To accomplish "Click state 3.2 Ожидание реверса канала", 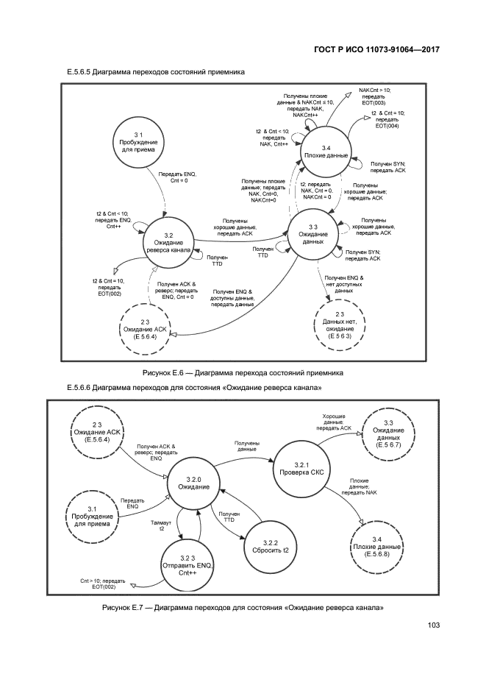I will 168,242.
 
